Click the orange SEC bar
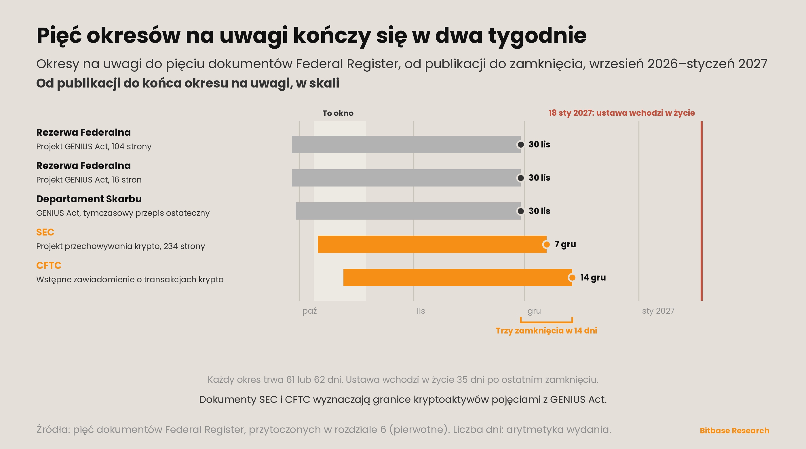click(x=432, y=244)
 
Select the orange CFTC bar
click(x=457, y=277)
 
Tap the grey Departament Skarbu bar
click(x=408, y=211)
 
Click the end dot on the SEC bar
click(x=546, y=244)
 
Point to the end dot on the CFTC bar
click(x=572, y=277)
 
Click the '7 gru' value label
click(x=565, y=244)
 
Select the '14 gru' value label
click(x=593, y=277)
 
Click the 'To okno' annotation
click(x=338, y=113)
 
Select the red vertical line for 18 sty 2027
click(x=702, y=211)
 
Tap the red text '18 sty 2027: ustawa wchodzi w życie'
click(x=622, y=113)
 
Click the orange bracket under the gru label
click(x=546, y=322)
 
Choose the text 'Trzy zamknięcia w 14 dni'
click(x=546, y=331)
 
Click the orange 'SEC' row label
click(x=45, y=232)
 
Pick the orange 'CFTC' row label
click(x=49, y=265)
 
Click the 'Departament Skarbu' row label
click(x=89, y=199)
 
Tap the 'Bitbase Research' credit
click(x=734, y=431)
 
